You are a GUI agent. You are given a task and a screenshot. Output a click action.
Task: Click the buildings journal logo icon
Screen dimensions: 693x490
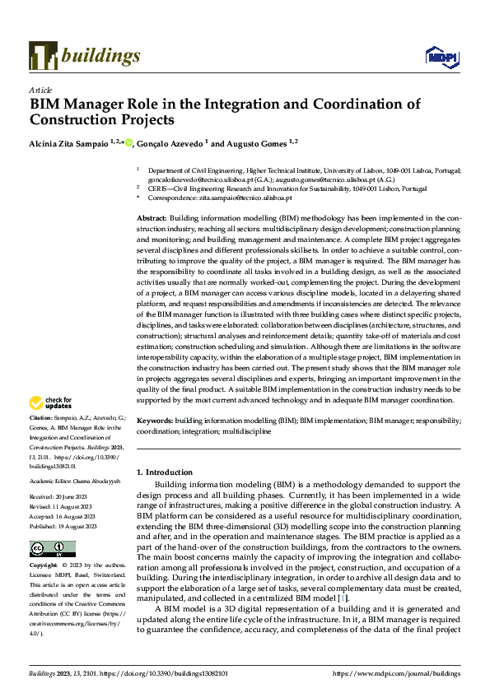click(x=43, y=55)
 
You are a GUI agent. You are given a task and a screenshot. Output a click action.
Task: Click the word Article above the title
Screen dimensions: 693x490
click(x=40, y=90)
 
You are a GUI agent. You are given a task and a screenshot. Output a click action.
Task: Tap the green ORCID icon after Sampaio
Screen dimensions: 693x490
click(x=128, y=142)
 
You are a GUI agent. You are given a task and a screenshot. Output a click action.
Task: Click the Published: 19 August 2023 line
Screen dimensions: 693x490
click(x=63, y=525)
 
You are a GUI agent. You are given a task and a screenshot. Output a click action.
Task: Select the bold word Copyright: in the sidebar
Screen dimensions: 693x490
click(x=43, y=566)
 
